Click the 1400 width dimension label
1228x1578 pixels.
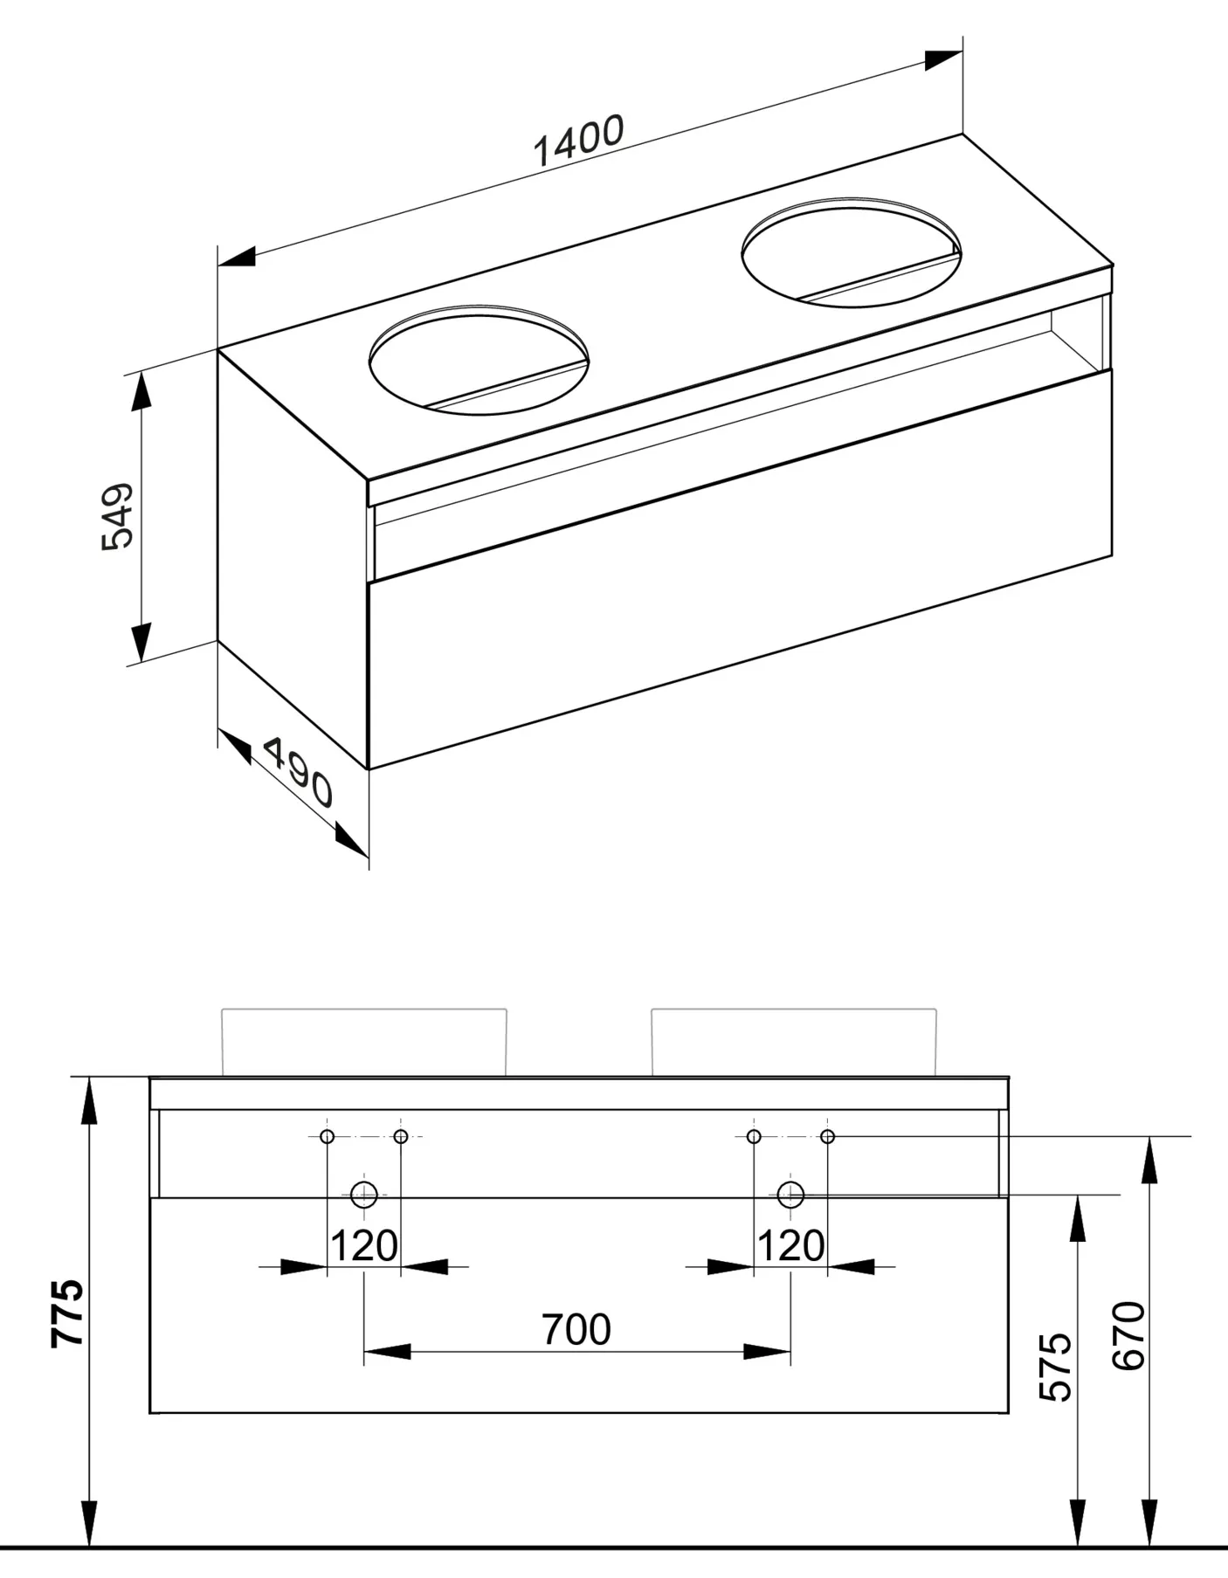coord(578,141)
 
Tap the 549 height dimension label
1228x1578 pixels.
coord(117,516)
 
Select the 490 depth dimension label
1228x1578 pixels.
coord(297,772)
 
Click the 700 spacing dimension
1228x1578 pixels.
coord(576,1330)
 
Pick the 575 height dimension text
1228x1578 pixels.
coord(1057,1367)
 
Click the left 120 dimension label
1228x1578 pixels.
coord(364,1246)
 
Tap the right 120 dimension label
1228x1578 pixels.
coord(790,1246)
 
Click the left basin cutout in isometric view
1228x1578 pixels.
coord(479,360)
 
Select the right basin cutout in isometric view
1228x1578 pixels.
coord(851,252)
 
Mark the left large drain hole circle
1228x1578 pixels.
coord(363,1195)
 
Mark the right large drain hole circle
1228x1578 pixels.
coord(790,1195)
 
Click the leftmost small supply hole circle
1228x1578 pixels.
coord(327,1136)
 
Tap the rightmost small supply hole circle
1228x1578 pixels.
coord(828,1136)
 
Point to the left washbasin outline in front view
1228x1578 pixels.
coord(364,1042)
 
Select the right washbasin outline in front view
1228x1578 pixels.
coord(794,1042)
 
